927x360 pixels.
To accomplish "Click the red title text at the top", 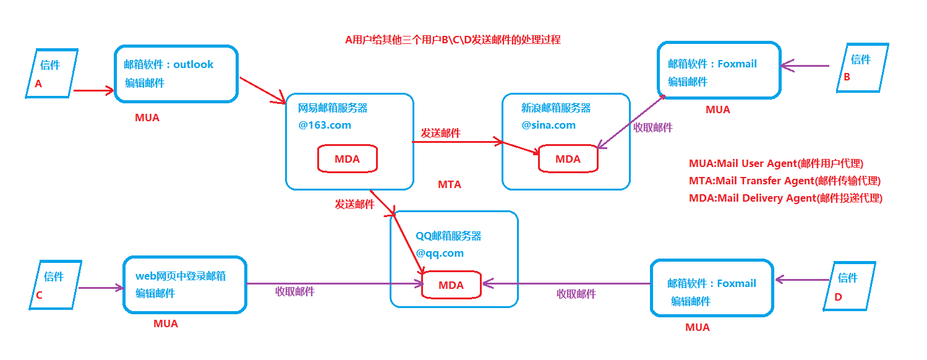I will coord(453,40).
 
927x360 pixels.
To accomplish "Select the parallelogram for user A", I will coord(52,74).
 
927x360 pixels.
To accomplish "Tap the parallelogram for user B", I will coord(862,67).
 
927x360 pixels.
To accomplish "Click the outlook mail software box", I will coord(176,73).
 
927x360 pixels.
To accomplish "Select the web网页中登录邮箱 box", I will coord(184,285).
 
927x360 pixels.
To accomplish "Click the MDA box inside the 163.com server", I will coord(347,159).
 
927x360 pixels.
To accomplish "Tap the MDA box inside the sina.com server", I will coord(568,159).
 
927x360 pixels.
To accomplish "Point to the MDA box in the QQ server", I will coord(451,285).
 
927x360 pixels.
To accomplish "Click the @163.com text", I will coord(325,125).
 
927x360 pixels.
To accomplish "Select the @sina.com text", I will coord(548,125).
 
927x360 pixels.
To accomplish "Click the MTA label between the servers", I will coord(450,184).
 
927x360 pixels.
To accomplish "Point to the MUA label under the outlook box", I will coord(147,118).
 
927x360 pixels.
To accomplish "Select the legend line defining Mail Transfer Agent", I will coord(784,181).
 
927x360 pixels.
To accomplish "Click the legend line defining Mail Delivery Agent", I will coord(785,199).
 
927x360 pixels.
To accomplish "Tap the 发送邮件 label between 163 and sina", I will coord(440,133).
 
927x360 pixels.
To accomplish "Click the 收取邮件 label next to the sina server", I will coord(652,128).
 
